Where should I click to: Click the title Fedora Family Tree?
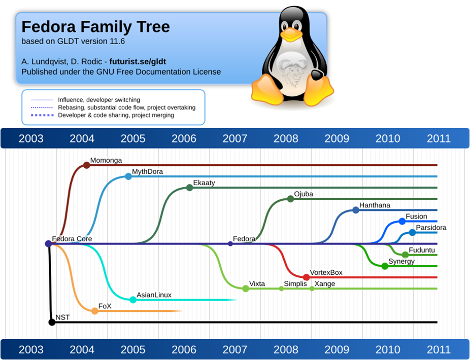[x=95, y=26]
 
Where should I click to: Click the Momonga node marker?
[x=86, y=165]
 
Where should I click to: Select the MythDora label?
[x=147, y=171]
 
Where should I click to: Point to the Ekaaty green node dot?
[x=189, y=188]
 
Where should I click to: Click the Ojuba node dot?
[x=290, y=199]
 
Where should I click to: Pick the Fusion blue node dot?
[x=402, y=221]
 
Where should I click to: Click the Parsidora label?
[x=431, y=228]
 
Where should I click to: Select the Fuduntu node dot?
[x=405, y=255]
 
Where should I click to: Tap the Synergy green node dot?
[x=385, y=266]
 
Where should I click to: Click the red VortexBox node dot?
[x=306, y=277]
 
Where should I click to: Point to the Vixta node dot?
[x=246, y=289]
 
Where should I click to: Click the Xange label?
[x=325, y=283]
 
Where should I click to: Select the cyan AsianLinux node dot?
[x=133, y=300]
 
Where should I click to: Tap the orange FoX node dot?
[x=95, y=311]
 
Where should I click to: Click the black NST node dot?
[x=52, y=322]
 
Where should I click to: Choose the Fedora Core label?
[x=72, y=238]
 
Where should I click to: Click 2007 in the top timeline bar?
[x=234, y=138]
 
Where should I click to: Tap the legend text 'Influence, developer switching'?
[x=99, y=100]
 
